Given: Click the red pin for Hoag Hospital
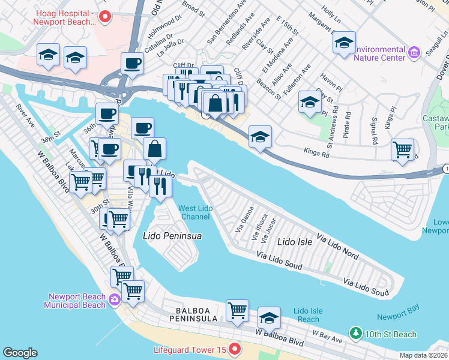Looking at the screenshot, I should click(x=105, y=17).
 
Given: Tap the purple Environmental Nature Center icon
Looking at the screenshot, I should click(x=414, y=53).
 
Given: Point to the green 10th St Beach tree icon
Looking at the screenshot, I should click(x=355, y=333).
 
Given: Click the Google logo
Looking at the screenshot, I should click(x=20, y=353).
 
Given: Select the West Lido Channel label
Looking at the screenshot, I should click(x=194, y=212).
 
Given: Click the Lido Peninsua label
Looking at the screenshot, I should click(x=172, y=236).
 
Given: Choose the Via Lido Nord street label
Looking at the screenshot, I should click(x=337, y=247).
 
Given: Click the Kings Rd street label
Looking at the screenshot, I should click(x=316, y=154).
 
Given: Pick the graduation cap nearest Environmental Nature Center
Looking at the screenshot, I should click(x=344, y=43).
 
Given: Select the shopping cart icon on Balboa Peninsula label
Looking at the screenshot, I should click(x=237, y=310).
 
